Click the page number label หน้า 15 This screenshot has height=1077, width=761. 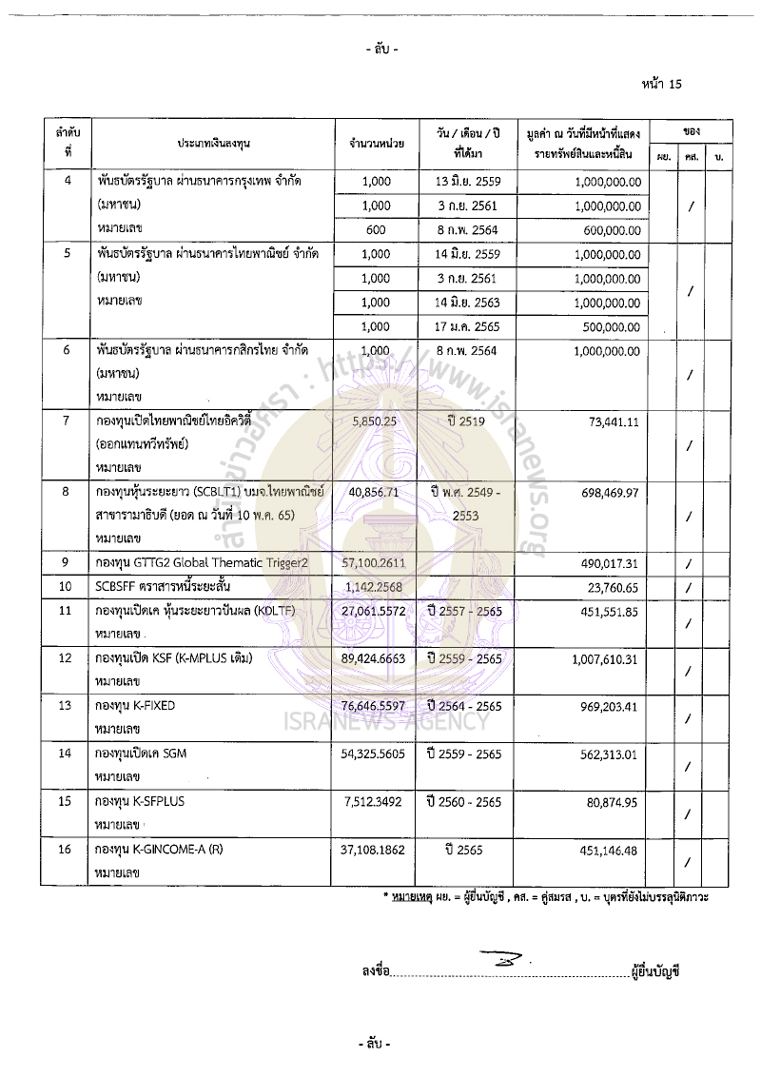[x=662, y=84]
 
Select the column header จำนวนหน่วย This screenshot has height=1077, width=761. [x=377, y=143]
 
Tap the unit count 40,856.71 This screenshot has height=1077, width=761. [x=377, y=492]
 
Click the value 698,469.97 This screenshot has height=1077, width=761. [x=609, y=492]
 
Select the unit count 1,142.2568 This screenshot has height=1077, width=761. [x=377, y=586]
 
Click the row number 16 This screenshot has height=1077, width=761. [x=67, y=849]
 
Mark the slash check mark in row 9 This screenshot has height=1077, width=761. [x=689, y=564]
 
